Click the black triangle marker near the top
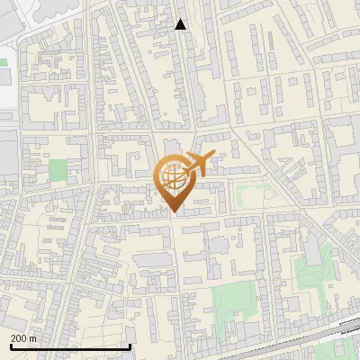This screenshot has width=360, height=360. point(181,24)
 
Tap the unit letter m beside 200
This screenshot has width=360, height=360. point(33,338)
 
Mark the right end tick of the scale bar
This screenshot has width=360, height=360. point(130,345)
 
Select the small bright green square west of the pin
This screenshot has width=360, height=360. point(58,169)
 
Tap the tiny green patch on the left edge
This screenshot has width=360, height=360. point(3,63)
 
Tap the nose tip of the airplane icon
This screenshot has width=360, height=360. point(212,157)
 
